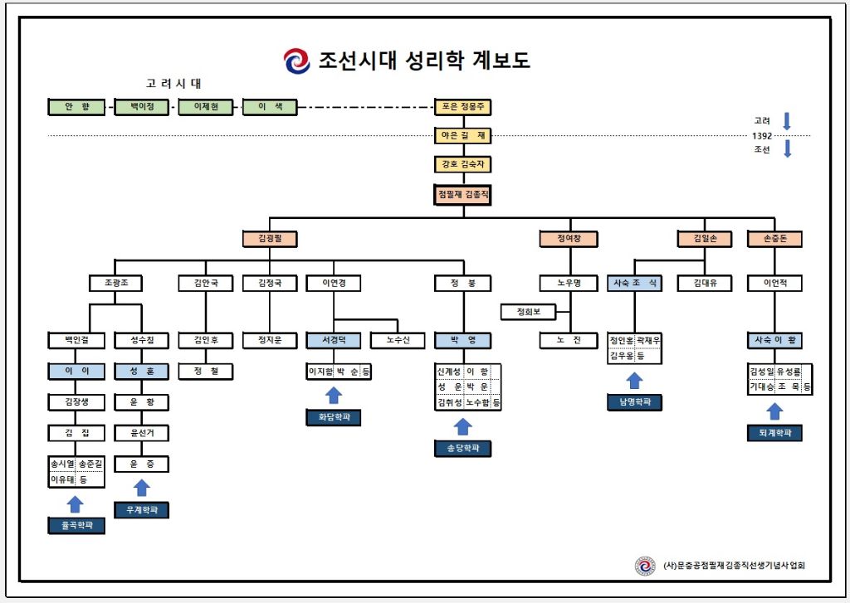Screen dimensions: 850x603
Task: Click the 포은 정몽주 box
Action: tap(463, 107)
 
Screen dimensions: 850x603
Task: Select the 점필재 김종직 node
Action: tap(463, 195)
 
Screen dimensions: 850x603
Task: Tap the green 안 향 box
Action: tap(77, 107)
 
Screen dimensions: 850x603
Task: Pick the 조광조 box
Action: tap(116, 283)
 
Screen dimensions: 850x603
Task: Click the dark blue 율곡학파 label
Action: tap(76, 526)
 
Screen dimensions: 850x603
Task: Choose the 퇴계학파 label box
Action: tap(774, 433)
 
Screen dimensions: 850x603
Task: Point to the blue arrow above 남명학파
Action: tap(634, 381)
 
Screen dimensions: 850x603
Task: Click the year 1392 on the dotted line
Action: tap(762, 136)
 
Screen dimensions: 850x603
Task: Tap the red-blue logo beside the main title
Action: tap(296, 61)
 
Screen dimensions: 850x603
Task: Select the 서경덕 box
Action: tap(334, 340)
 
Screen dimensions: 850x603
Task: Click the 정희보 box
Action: tap(529, 312)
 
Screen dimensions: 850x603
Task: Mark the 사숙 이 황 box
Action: tap(774, 340)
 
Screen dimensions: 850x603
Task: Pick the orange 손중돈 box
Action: tap(774, 239)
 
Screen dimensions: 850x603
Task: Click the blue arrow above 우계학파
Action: tap(141, 489)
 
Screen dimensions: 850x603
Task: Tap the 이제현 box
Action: tap(206, 107)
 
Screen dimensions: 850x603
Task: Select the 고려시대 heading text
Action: tap(173, 84)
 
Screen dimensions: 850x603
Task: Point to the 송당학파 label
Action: tap(463, 449)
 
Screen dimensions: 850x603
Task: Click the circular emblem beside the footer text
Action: tap(644, 566)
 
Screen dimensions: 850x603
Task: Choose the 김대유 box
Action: tap(705, 283)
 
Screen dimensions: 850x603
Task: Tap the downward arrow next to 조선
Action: tap(788, 148)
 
